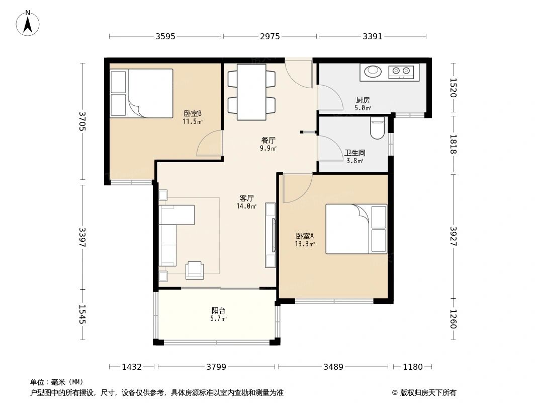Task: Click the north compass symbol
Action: [28, 23]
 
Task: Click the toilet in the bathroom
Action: [378, 128]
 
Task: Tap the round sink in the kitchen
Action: [372, 71]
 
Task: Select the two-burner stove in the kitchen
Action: [401, 71]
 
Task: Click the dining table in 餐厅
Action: [251, 92]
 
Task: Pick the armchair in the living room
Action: [195, 270]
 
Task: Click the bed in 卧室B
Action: [141, 93]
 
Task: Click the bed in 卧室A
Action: [356, 229]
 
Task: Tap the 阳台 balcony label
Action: [218, 310]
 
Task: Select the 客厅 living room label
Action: [246, 198]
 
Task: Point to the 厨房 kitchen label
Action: [363, 100]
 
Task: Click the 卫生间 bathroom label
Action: [355, 153]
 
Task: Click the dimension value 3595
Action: [165, 36]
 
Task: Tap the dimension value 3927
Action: [453, 236]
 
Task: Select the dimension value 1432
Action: [132, 367]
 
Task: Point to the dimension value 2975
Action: [270, 36]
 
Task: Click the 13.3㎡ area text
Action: [305, 244]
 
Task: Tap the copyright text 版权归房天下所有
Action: [428, 393]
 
